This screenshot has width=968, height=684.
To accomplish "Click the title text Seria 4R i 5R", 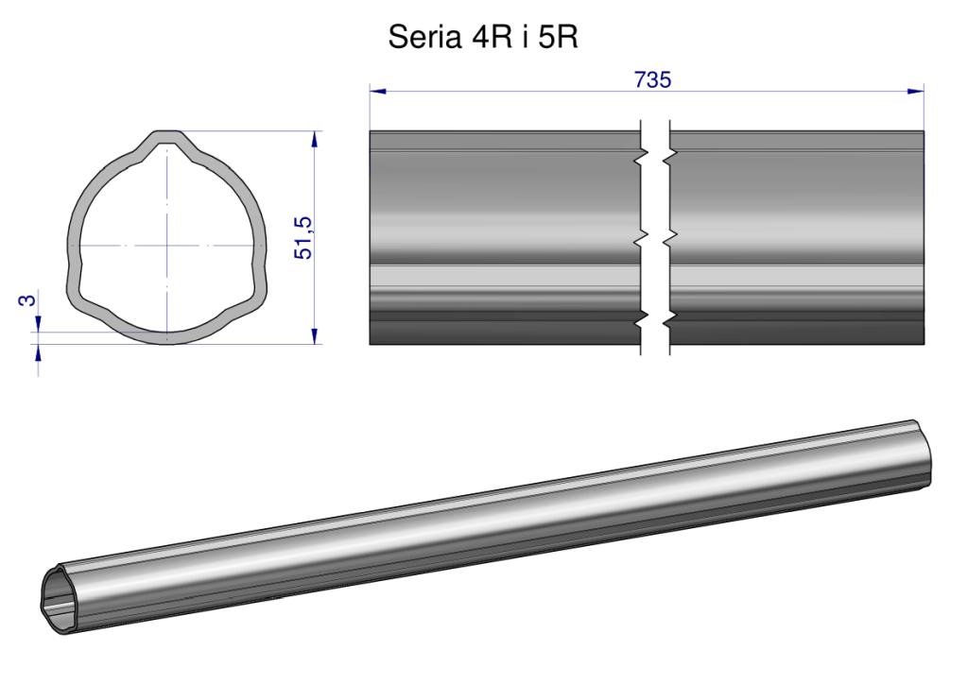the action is point(483,37).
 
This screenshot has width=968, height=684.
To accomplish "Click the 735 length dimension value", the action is point(652,80).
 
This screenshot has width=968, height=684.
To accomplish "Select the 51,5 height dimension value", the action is point(303,237).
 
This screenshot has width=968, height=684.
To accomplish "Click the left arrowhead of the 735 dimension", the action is point(378,92).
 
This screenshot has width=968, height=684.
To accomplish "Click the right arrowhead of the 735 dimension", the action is point(915,92).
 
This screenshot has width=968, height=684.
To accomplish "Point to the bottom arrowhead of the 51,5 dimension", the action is point(315,335).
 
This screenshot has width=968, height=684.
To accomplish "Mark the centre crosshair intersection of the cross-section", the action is point(166,246).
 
